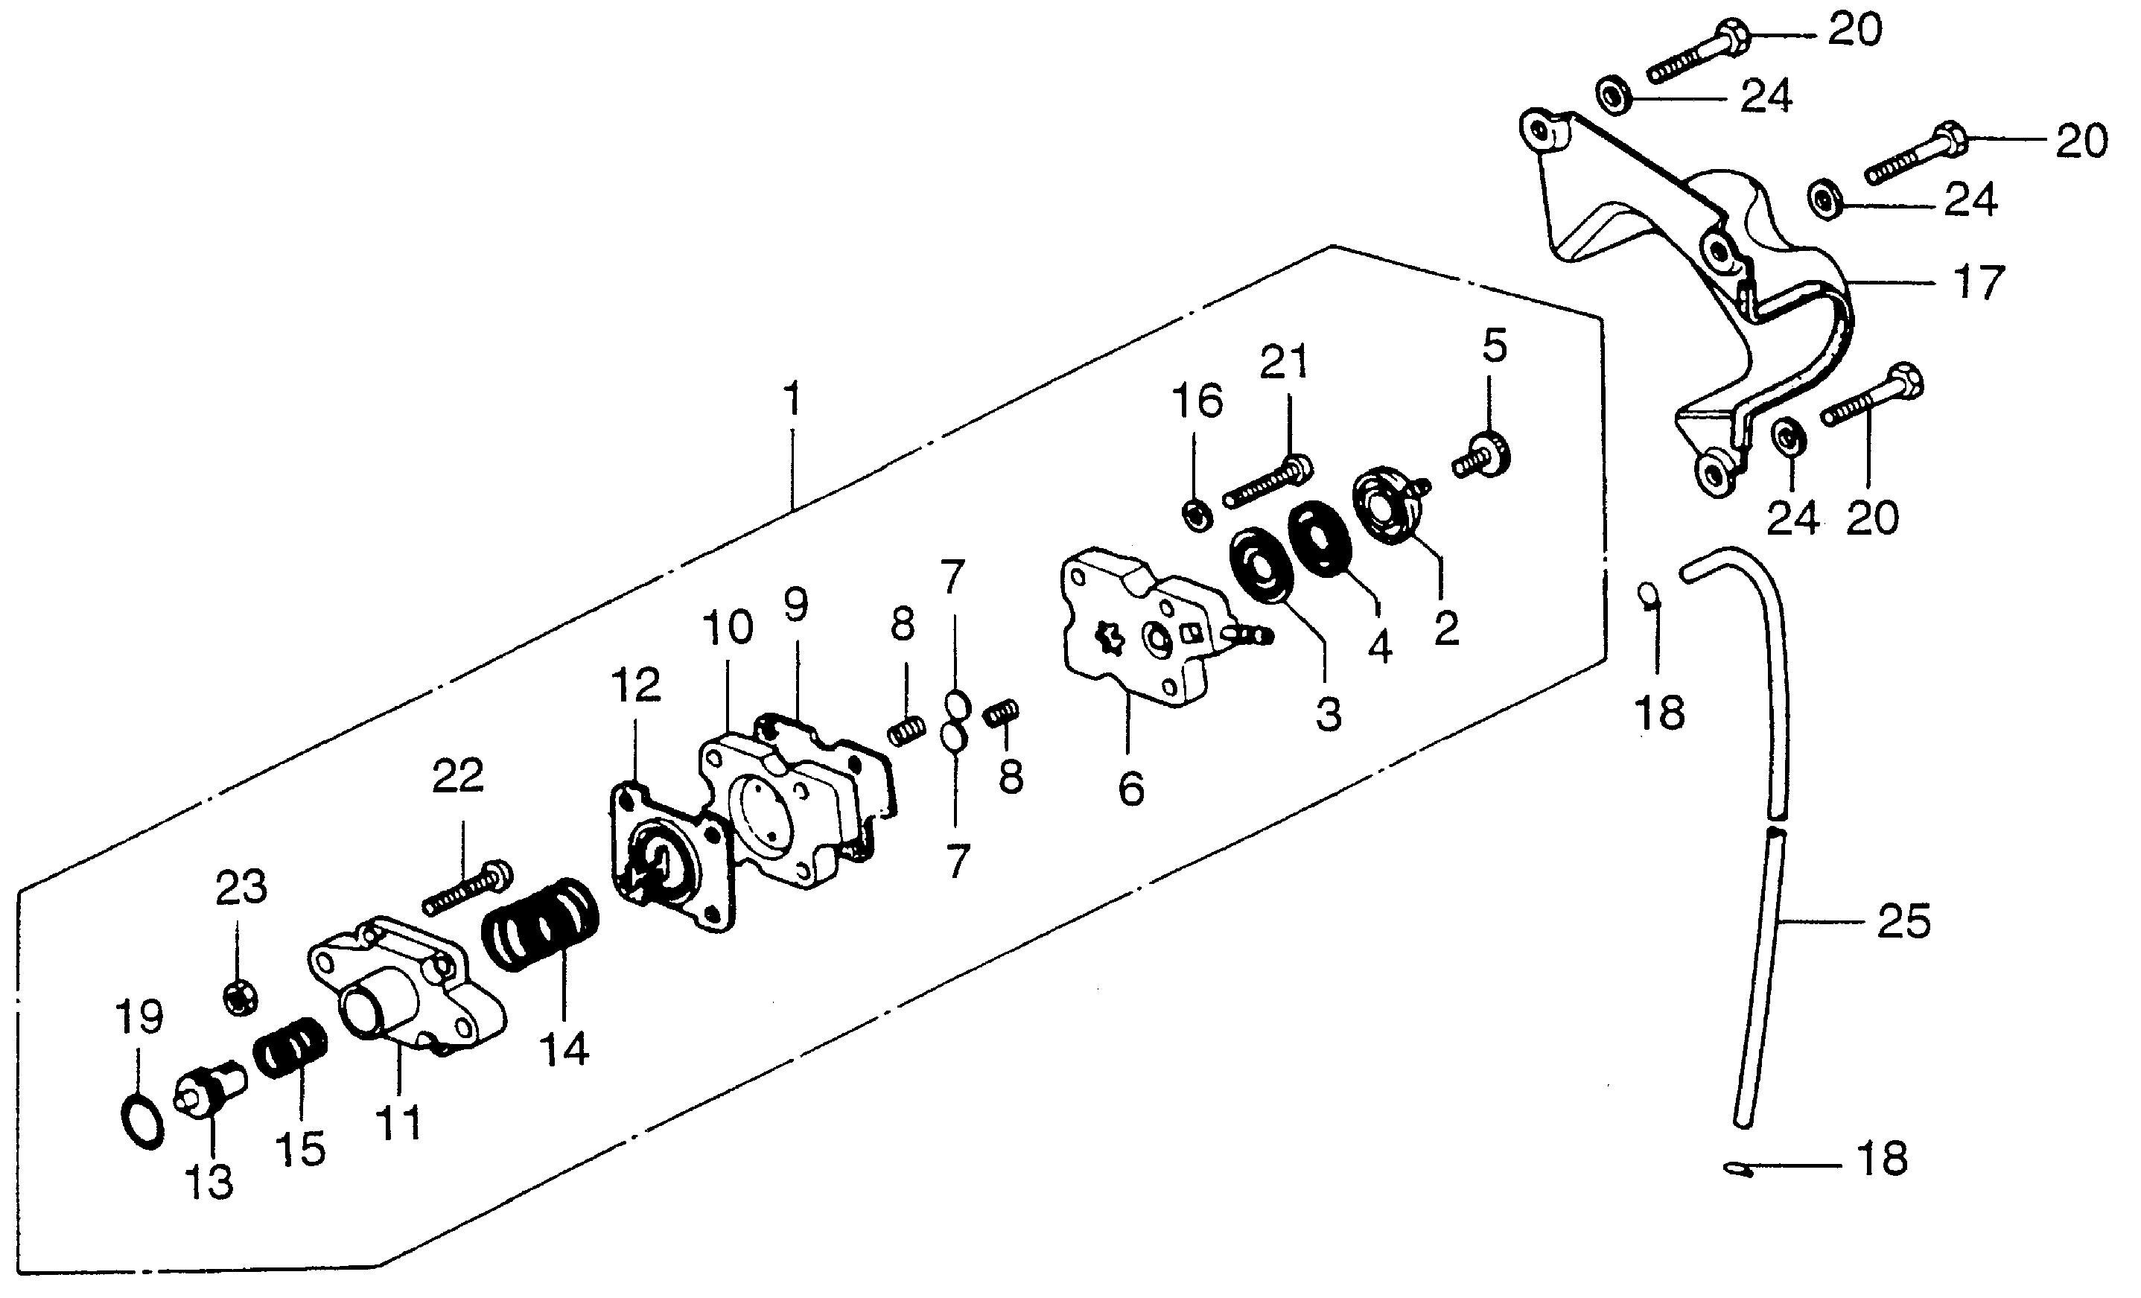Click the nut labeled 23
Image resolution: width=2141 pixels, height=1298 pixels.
coord(240,997)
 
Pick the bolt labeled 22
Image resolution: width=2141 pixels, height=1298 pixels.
coord(468,888)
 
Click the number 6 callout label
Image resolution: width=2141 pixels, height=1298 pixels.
coord(1130,788)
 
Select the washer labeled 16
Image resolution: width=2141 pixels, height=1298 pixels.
coord(1197,515)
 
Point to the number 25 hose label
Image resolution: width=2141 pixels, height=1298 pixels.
coord(1903,922)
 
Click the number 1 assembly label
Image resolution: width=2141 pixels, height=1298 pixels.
coord(792,400)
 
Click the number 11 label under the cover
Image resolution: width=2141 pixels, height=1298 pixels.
coord(399,1122)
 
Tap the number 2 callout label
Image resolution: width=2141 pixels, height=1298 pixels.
coord(1446,629)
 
